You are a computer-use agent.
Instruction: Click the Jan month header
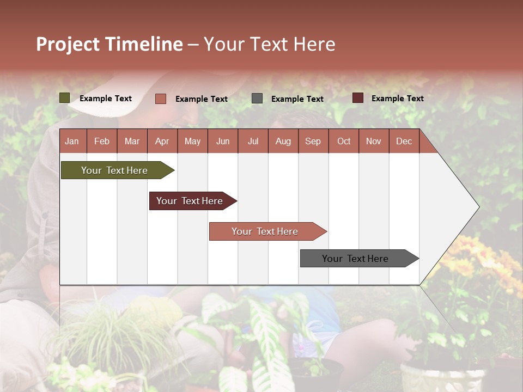point(72,142)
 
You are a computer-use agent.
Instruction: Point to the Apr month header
point(162,142)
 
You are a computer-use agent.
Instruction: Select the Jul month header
point(253,142)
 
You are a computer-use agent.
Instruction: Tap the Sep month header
point(313,142)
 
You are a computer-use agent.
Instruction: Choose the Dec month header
point(404,142)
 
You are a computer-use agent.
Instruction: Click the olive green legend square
point(64,98)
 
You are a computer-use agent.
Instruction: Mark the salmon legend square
point(160,99)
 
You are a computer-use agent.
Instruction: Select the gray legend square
point(257,99)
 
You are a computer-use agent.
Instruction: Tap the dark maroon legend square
point(357,98)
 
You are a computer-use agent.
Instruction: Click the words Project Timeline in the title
point(110,44)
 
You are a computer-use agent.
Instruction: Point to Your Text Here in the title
point(270,44)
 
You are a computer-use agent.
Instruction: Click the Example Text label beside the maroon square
point(397,99)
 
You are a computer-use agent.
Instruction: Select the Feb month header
point(102,142)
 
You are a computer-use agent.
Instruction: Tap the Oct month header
point(344,142)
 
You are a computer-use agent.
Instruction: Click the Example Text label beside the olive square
point(106,99)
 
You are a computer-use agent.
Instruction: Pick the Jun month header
point(223,142)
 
